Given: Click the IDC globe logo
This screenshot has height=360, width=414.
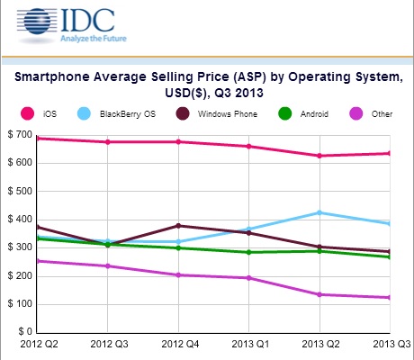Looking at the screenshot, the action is click(x=37, y=22).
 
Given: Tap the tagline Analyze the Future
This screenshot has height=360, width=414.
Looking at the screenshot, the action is click(x=94, y=39).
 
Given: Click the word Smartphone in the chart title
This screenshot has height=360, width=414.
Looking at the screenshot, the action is click(x=52, y=77).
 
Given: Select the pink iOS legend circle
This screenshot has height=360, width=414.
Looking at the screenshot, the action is click(x=27, y=114).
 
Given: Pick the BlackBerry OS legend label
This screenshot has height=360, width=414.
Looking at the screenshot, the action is click(x=128, y=114).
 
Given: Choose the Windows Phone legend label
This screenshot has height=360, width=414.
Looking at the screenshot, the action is click(x=228, y=114).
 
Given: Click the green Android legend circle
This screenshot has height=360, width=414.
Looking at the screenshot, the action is click(x=284, y=114).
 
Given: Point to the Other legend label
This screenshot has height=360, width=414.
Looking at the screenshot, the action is click(x=382, y=114).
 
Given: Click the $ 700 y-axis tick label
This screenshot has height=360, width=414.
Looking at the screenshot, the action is click(x=20, y=134).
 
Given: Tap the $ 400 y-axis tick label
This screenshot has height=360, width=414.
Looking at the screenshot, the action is click(x=20, y=219).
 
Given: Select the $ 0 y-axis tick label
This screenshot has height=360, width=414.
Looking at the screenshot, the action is click(x=25, y=331).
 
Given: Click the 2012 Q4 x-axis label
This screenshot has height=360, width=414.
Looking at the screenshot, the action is click(x=180, y=344).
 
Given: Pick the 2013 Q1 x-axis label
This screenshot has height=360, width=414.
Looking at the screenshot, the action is click(x=250, y=344).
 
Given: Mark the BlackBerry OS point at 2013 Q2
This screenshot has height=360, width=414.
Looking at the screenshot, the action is click(x=319, y=212).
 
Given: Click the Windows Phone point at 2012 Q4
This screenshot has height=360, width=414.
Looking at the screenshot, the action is click(x=178, y=226).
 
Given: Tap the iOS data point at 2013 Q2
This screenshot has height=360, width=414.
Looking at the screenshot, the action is click(x=319, y=156).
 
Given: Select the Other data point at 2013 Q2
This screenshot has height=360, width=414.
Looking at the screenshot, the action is click(x=319, y=294).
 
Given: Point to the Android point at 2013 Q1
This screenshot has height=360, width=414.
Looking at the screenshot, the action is click(x=248, y=252).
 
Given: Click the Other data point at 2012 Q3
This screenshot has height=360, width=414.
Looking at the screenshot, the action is click(x=108, y=266).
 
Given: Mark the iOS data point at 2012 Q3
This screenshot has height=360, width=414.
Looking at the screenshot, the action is click(x=108, y=142).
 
